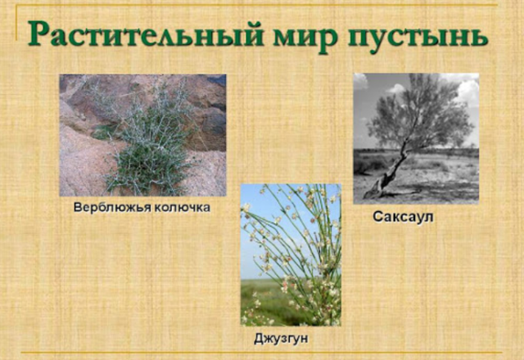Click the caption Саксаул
402,218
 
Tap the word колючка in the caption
178,207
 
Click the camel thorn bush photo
142,135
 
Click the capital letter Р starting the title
42,34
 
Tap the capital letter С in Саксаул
377,218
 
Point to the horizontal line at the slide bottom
262,353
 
